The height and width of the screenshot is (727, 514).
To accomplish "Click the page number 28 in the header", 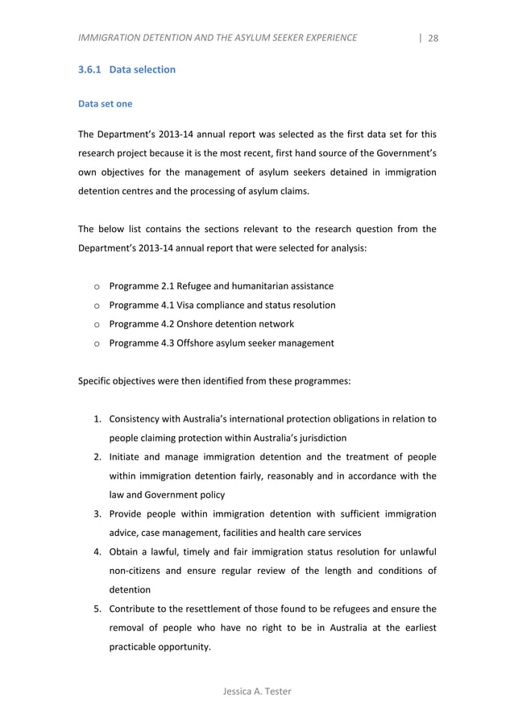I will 433,38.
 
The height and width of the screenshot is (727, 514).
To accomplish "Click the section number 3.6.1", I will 89,70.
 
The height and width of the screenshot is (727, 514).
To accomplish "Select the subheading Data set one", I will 104,104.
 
